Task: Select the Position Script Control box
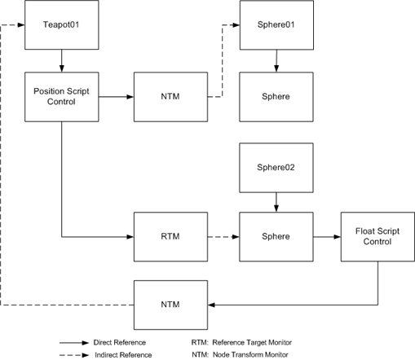(x=61, y=97)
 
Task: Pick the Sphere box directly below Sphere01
(x=276, y=97)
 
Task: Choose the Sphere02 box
(x=276, y=169)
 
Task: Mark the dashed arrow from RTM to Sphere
(x=220, y=237)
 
